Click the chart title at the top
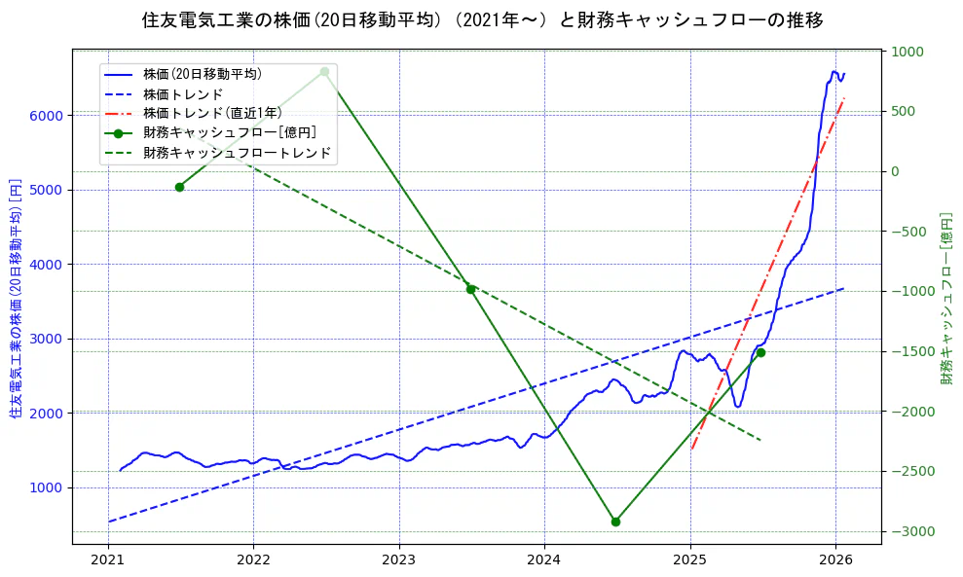click(481, 20)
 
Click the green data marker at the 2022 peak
click(324, 71)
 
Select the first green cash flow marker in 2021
click(179, 187)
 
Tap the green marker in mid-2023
click(470, 289)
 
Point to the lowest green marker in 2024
click(615, 522)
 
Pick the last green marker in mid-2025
click(760, 352)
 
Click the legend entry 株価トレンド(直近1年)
click(212, 113)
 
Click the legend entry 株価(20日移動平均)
click(203, 73)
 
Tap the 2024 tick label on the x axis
click(544, 560)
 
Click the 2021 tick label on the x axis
click(108, 560)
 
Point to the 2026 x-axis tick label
click(835, 560)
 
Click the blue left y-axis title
click(15, 298)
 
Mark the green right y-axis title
click(945, 298)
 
